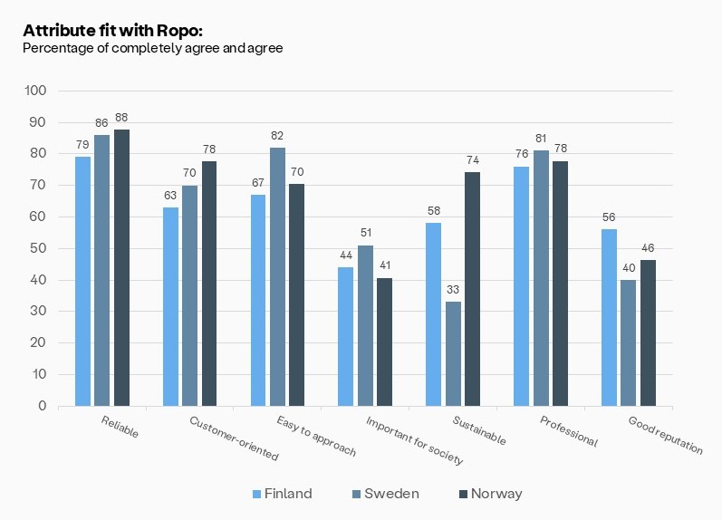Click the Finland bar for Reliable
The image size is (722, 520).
tap(82, 281)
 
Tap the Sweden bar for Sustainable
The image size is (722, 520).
tap(453, 353)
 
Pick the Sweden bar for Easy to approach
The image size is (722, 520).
tap(277, 276)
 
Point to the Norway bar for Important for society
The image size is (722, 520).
tap(384, 342)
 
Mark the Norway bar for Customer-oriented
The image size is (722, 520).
tap(209, 283)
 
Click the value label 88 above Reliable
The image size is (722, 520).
tap(121, 117)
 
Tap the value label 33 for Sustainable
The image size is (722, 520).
tap(453, 289)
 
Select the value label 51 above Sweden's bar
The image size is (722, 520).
tap(365, 233)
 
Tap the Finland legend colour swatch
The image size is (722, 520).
tap(256, 494)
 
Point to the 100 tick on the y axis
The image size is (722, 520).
tap(35, 91)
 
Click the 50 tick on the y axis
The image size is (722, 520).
tap(39, 248)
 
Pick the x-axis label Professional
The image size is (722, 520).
tap(569, 430)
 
